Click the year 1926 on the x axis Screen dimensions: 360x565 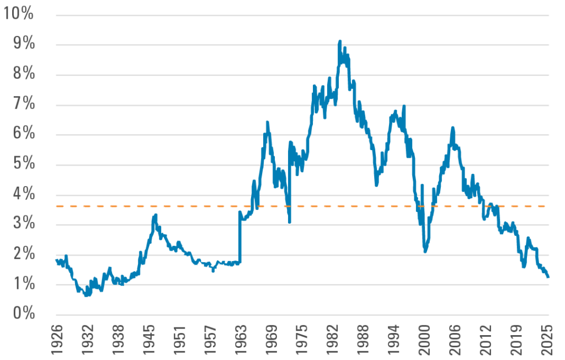pos(57,338)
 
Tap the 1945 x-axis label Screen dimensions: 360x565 pos(150,338)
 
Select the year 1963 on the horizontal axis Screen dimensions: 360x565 pos(240,338)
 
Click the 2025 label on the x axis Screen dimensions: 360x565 pos(547,338)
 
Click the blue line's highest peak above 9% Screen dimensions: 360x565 pos(340,40)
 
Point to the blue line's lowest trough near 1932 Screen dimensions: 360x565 pos(86,296)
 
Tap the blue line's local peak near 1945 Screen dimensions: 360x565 pos(156,214)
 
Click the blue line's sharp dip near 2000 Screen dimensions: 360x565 pos(425,251)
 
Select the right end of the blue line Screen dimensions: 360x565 pos(548,277)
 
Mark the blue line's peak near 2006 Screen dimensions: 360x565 pos(453,128)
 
